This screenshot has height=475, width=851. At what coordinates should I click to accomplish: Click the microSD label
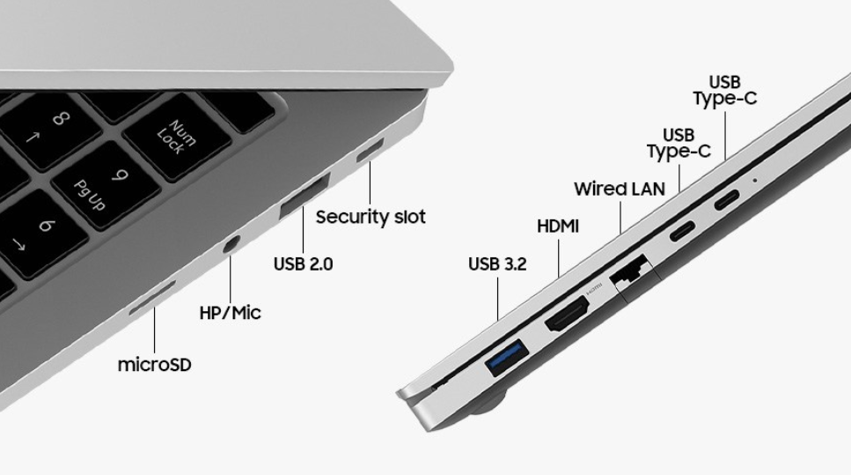(x=155, y=364)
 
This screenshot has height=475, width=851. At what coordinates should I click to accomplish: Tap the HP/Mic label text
(x=230, y=313)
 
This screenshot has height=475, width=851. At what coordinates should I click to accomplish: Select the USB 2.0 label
(x=304, y=264)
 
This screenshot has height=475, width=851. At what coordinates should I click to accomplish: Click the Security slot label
(x=370, y=217)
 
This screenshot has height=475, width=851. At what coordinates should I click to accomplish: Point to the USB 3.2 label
(x=497, y=264)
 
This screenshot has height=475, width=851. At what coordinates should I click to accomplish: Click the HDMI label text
(x=558, y=226)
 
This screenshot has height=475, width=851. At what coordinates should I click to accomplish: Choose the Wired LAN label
(x=620, y=189)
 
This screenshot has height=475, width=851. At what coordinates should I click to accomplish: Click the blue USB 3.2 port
(x=507, y=357)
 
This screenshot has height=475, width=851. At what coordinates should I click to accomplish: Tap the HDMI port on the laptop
(x=567, y=314)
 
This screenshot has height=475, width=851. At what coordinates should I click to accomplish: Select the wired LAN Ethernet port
(x=629, y=271)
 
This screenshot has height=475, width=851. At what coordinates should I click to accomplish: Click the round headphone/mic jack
(x=231, y=245)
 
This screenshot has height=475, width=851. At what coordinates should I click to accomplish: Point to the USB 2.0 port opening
(x=304, y=196)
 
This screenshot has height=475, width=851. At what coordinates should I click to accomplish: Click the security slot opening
(x=370, y=150)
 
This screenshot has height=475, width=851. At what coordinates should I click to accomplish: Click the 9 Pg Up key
(x=106, y=185)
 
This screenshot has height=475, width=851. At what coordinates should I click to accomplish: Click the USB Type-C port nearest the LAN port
(x=682, y=230)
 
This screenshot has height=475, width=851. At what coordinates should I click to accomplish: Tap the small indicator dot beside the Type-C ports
(x=754, y=180)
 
